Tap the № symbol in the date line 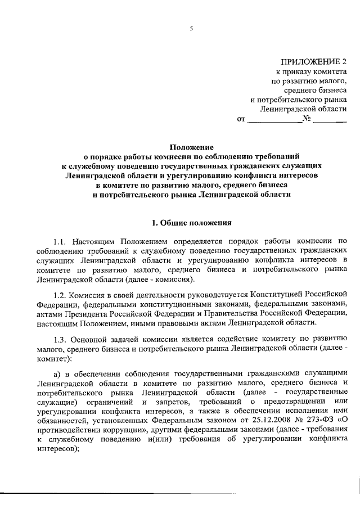pyautogui.click(x=307, y=119)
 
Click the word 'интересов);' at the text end pyautogui.click(x=58, y=450)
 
